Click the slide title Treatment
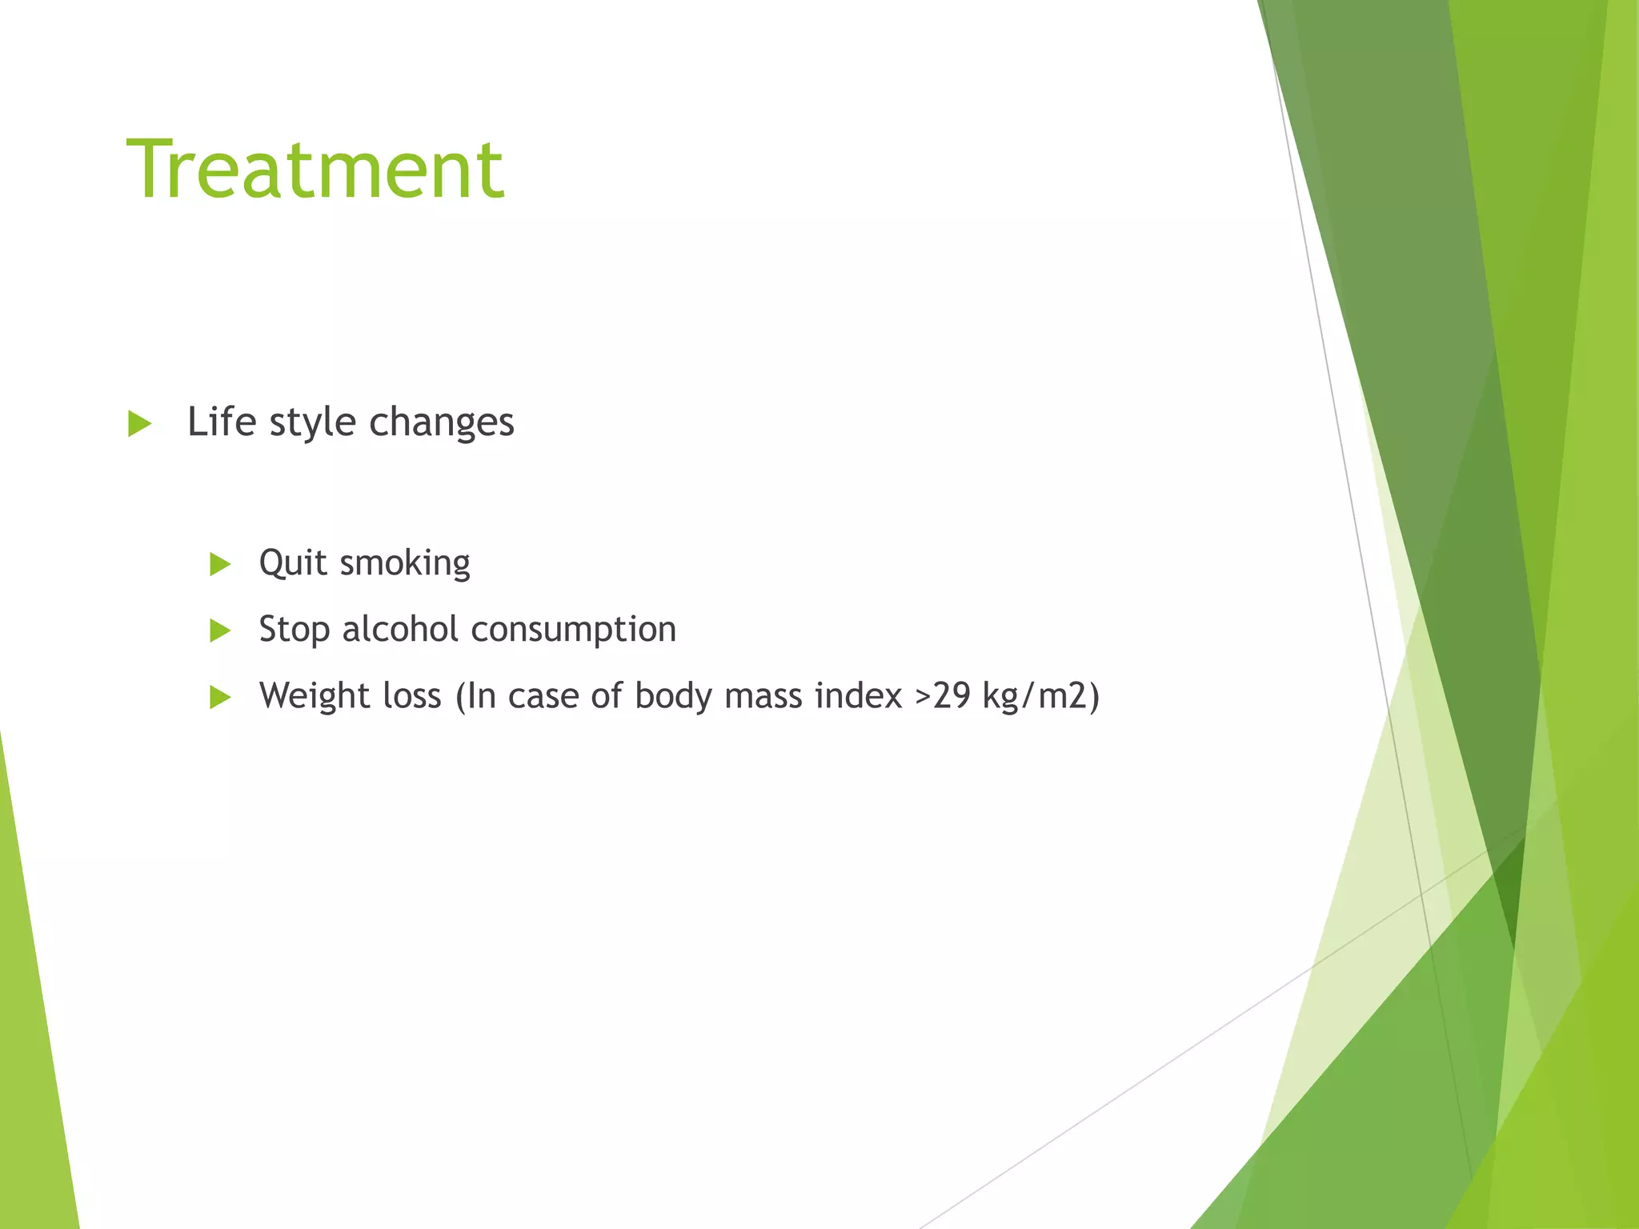click(315, 170)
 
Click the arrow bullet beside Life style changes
click(139, 424)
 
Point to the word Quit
click(293, 563)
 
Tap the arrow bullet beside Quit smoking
click(220, 565)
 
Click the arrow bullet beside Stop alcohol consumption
click(220, 631)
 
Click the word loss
click(411, 696)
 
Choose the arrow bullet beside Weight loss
click(220, 698)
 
